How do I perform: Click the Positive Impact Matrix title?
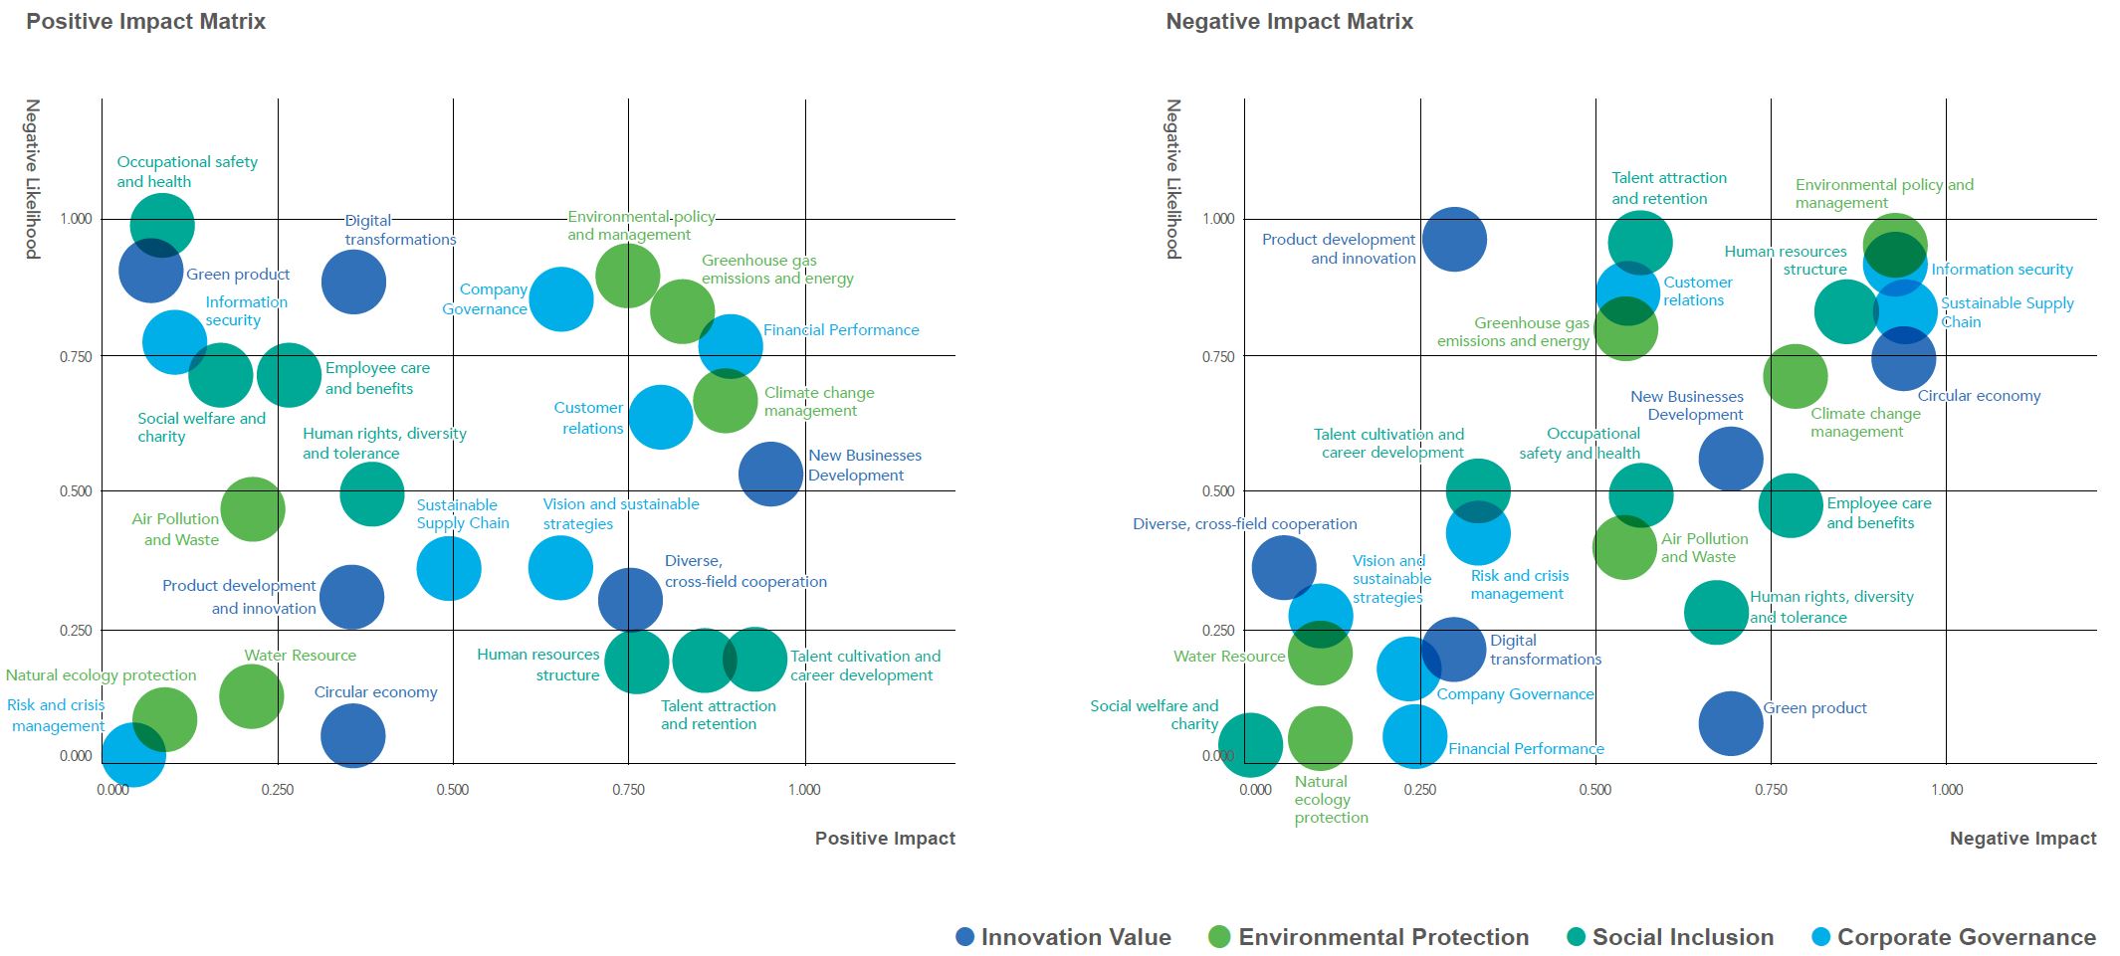145,22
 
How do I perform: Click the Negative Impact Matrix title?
1289,22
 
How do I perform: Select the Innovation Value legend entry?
1063,937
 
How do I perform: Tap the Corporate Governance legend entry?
1955,937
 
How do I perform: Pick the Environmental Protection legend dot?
1218,937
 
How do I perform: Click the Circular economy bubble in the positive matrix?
352,736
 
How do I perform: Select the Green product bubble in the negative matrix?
1730,723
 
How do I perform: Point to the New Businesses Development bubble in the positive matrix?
770,475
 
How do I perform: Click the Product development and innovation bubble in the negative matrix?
1453,239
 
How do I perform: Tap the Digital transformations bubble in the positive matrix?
352,282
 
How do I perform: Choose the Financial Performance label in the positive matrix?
841,330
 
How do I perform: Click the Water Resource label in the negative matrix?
1228,657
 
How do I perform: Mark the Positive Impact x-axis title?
884,839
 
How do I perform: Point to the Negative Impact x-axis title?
2021,839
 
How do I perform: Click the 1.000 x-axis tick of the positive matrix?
804,790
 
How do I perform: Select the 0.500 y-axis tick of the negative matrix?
1218,491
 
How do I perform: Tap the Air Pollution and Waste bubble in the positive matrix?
252,509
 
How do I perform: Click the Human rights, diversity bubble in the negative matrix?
1715,612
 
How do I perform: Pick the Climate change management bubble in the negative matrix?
1795,376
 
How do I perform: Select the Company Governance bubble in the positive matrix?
560,298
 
